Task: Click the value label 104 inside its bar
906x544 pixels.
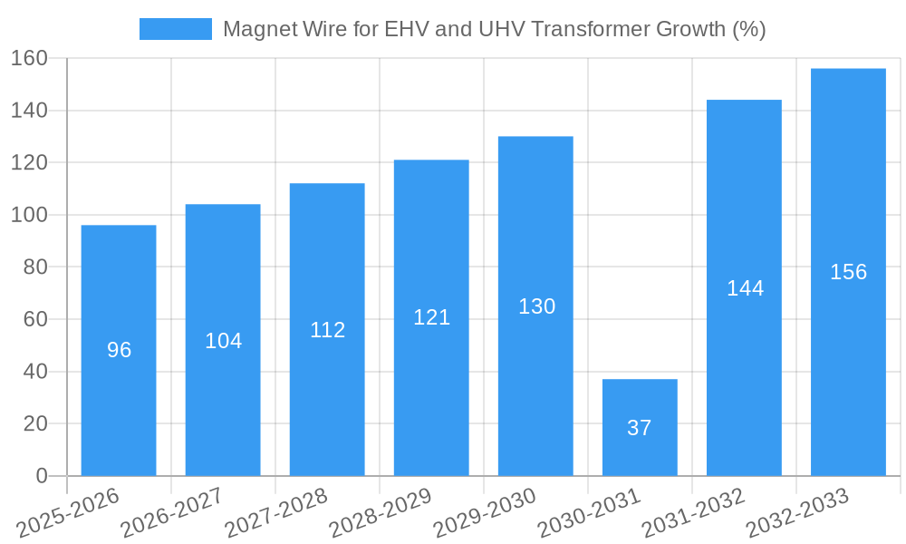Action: tap(223, 341)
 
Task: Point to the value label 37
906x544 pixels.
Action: tap(640, 428)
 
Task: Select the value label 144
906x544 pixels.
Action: tap(745, 288)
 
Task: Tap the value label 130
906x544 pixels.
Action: tap(536, 306)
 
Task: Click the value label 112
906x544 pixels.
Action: tap(327, 330)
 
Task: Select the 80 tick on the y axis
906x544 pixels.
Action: tap(34, 267)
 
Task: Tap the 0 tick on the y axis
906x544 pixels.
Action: tap(42, 476)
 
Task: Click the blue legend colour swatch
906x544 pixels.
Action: tap(175, 29)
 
